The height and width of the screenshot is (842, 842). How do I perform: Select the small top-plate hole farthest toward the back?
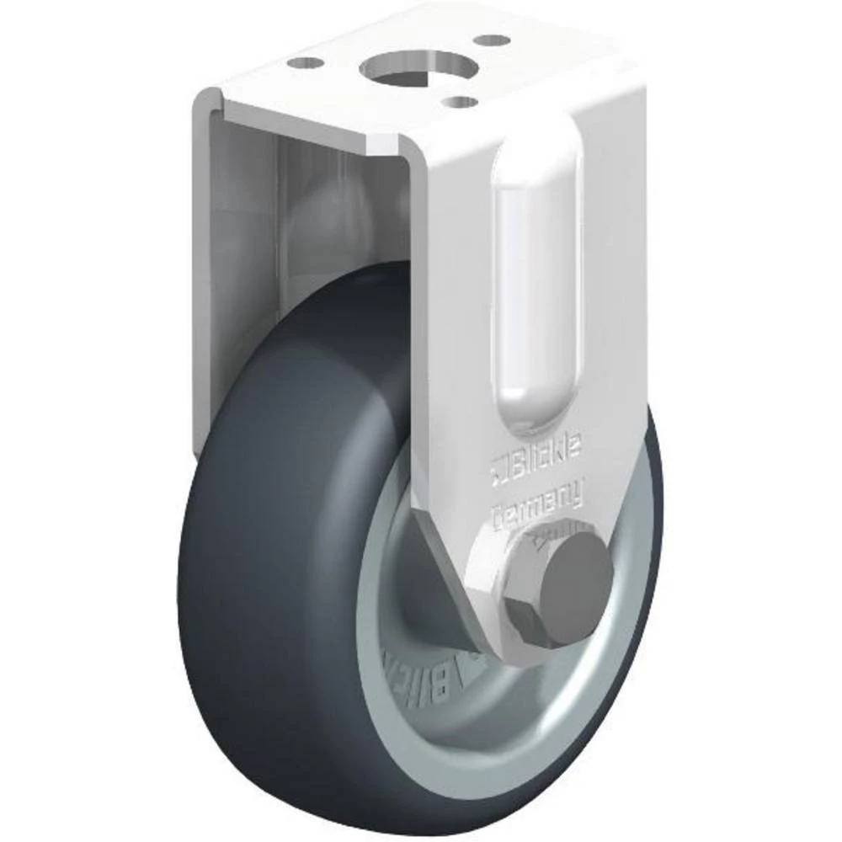pyautogui.click(x=490, y=40)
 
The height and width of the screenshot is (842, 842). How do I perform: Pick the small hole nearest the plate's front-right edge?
pyautogui.click(x=461, y=102)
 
